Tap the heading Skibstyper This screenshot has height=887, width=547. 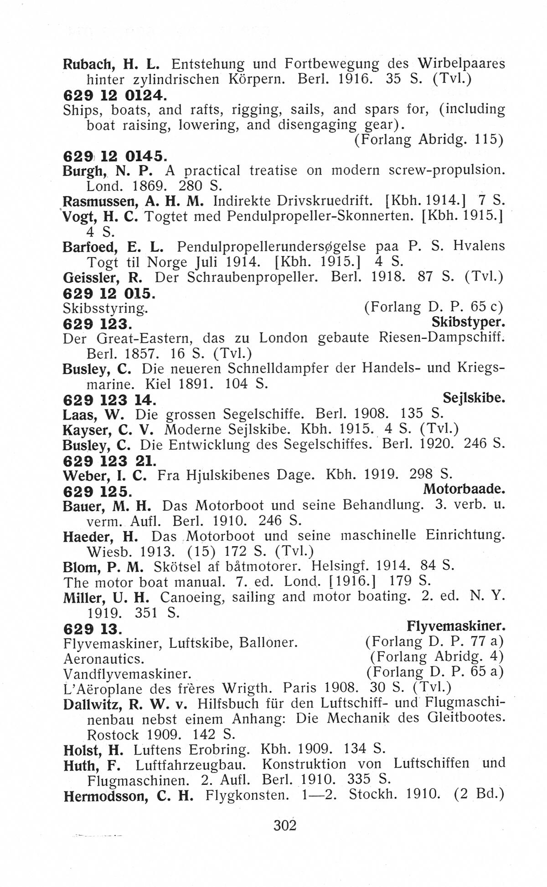pos(468,323)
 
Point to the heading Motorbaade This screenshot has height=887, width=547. pos(464,489)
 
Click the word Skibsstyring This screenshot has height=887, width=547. pos(105,308)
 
